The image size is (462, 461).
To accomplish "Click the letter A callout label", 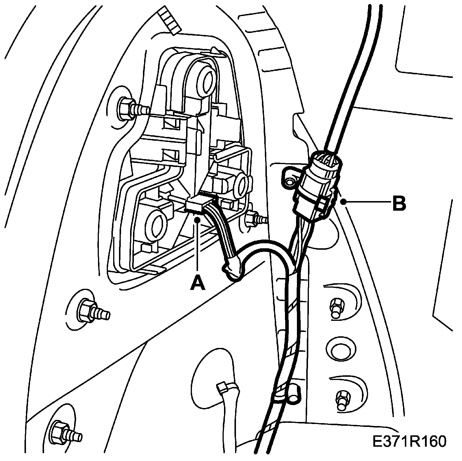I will tap(197, 283).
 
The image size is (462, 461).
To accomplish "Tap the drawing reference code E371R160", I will tap(409, 441).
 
